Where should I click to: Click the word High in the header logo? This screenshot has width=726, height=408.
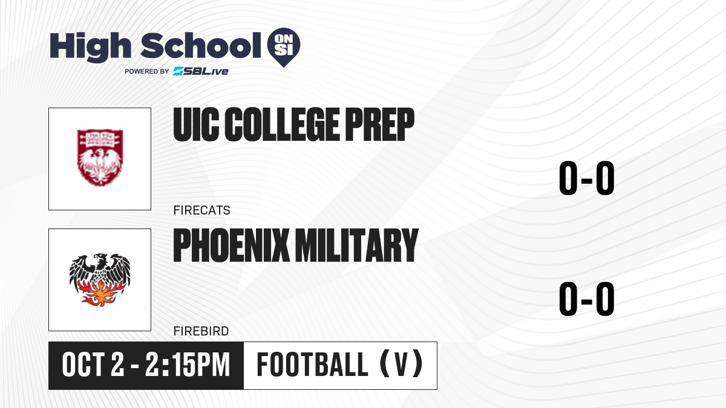[90, 47]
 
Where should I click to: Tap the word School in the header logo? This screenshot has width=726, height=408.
[201, 45]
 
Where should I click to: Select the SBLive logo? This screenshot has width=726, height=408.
[201, 71]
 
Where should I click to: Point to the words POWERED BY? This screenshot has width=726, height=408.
[147, 71]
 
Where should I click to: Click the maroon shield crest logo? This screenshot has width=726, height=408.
[100, 158]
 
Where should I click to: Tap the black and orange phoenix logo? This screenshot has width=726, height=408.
[100, 280]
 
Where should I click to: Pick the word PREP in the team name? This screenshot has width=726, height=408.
[379, 125]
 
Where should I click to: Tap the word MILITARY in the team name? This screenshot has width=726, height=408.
[357, 245]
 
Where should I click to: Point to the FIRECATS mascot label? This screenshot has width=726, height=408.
[201, 210]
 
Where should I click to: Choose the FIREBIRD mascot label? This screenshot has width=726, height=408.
[201, 331]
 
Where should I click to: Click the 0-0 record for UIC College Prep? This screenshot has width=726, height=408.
[587, 178]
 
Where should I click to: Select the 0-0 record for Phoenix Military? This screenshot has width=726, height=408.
[587, 299]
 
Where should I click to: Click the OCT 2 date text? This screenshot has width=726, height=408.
[93, 365]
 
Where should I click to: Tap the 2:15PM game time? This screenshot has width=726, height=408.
[188, 365]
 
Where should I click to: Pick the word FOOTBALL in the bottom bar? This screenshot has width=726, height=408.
[312, 365]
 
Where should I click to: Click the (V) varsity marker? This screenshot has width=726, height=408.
[401, 364]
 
